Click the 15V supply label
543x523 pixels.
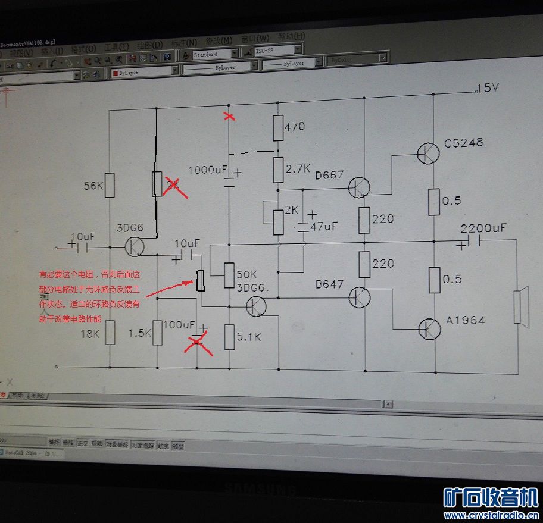coord(488,88)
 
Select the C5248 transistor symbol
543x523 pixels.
coord(427,153)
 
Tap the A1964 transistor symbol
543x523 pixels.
coord(428,328)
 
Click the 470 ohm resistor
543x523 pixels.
coord(277,127)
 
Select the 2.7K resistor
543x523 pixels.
coord(277,170)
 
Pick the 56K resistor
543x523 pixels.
coord(110,186)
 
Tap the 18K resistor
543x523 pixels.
coord(110,334)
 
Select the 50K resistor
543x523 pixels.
coord(229,274)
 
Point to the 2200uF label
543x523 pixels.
coord(483,228)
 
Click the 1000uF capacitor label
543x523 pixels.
coord(208,170)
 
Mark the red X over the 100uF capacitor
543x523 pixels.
coord(200,344)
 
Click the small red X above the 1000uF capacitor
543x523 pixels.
coord(229,116)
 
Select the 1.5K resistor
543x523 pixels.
coord(157,333)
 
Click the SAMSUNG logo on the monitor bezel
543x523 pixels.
coord(260,488)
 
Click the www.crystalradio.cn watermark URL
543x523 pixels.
coord(491,515)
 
